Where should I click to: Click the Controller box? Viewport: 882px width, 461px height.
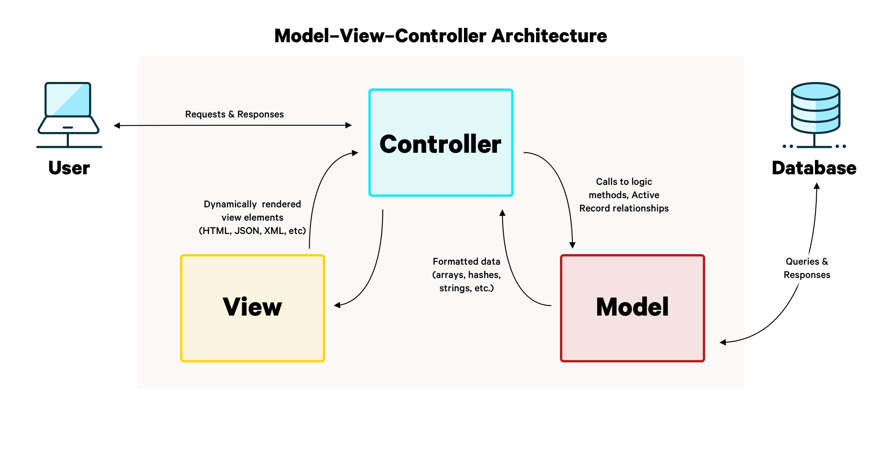(x=441, y=143)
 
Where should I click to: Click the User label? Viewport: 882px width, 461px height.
(x=69, y=168)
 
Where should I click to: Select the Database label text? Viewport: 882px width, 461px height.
(x=814, y=168)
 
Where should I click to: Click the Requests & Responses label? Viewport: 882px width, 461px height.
(x=234, y=114)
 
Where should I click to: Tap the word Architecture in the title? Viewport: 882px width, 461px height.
(x=549, y=36)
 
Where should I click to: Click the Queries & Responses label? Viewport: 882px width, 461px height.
(x=807, y=268)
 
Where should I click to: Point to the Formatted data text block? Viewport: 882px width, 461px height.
(x=466, y=275)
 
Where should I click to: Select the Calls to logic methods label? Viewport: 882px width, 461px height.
(x=624, y=195)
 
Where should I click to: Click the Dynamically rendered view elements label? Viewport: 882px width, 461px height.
(x=252, y=217)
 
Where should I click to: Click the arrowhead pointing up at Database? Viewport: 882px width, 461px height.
(x=816, y=186)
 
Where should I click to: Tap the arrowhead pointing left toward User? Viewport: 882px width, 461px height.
(x=117, y=125)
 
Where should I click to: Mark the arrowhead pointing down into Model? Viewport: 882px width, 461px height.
(x=572, y=245)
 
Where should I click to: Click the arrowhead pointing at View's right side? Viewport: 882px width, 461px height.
(x=337, y=305)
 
